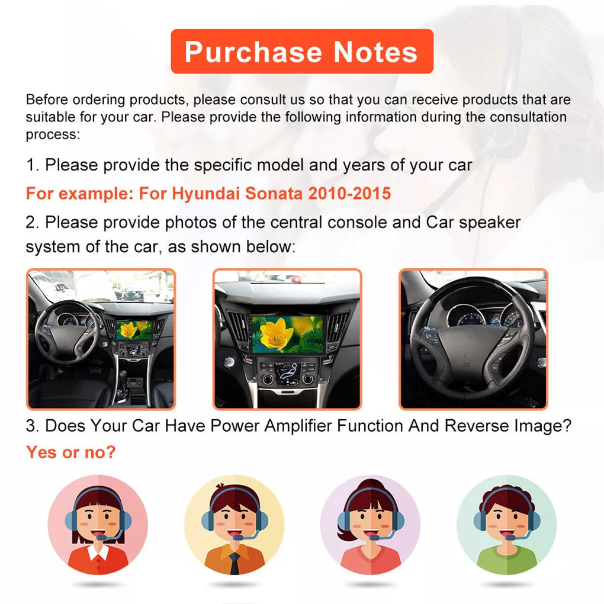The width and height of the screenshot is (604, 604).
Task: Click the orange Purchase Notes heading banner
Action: click(302, 52)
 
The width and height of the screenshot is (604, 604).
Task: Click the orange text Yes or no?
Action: click(70, 452)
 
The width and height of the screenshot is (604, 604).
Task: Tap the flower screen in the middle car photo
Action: click(287, 335)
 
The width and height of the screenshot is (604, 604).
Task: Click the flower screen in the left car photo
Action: click(134, 329)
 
